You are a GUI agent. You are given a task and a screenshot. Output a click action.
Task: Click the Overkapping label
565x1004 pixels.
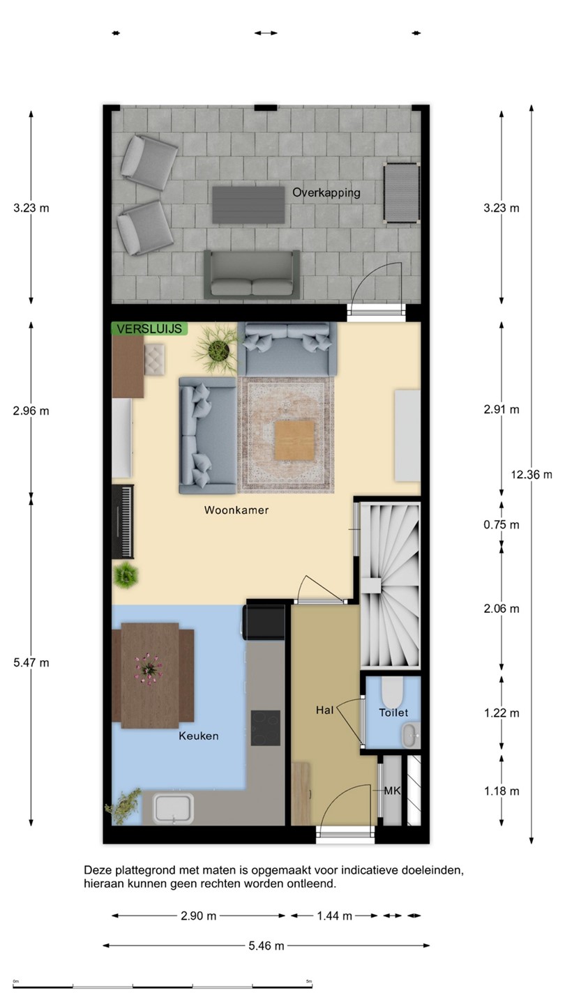(326, 192)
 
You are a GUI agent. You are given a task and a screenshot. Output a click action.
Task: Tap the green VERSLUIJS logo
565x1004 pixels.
(149, 328)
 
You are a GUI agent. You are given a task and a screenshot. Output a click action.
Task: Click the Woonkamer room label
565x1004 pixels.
(236, 510)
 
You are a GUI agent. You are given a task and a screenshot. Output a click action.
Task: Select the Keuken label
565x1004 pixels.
(199, 736)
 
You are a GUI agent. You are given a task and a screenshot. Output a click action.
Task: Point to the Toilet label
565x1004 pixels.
(393, 713)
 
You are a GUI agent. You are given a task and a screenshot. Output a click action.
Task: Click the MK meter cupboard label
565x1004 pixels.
(392, 791)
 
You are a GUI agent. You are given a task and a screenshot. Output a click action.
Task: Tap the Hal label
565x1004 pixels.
(324, 710)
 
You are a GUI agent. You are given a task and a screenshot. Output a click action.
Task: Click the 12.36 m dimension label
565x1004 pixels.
(532, 474)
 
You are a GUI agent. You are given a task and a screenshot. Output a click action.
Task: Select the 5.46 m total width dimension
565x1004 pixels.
(266, 945)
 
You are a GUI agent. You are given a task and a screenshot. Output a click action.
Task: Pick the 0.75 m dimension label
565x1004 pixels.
(502, 524)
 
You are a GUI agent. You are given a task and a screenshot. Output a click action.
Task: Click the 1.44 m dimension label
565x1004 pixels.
(335, 916)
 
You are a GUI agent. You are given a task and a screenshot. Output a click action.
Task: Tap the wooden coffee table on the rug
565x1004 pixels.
(294, 441)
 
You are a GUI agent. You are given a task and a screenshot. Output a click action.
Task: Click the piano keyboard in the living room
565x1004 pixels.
(123, 522)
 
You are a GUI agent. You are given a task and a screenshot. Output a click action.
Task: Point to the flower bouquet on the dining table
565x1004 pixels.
(149, 669)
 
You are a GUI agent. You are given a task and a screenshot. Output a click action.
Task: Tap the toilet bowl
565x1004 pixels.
(392, 690)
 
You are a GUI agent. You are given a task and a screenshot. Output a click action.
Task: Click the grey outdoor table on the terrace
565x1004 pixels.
(248, 205)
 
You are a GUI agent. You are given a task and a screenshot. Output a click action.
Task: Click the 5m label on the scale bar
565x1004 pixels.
(308, 982)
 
